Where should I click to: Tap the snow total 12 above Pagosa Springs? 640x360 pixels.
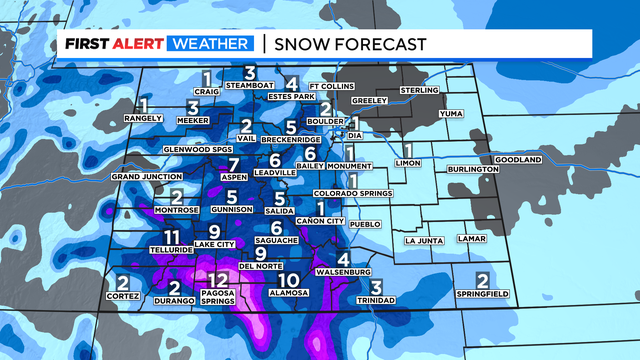pos(219,280)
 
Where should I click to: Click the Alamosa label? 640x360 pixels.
pos(290,295)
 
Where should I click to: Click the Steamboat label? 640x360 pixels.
pos(250,85)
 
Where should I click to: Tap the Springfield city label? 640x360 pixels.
pos(482,294)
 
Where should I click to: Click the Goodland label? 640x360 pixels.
pos(517,160)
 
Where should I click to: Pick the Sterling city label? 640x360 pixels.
pos(419,91)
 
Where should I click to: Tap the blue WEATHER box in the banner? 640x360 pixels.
pos(211,44)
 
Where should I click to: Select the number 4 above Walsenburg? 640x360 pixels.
pos(343,258)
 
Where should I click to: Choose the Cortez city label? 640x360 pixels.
pos(124,297)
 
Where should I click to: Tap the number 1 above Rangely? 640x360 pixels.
pos(144,105)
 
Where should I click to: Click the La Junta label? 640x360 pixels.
pos(423,241)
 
